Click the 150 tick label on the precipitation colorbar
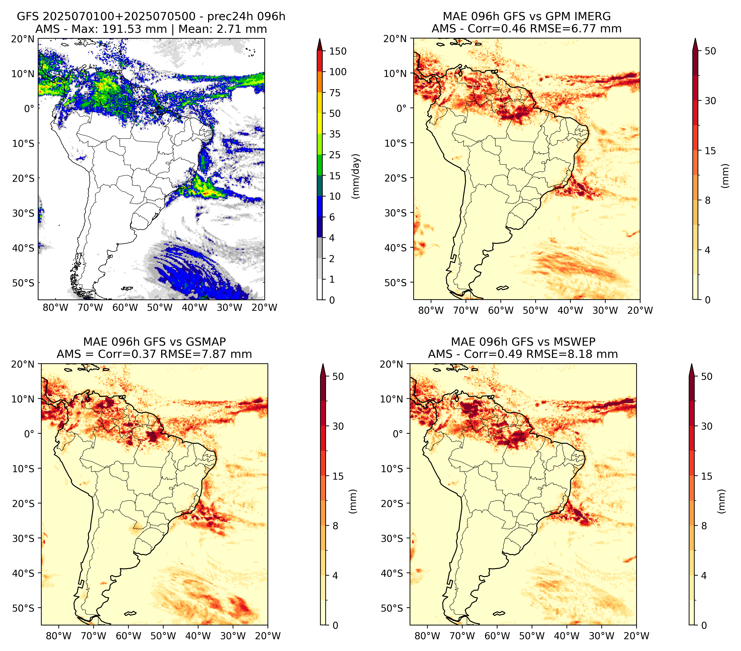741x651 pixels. point(337,51)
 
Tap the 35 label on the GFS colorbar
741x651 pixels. point(335,134)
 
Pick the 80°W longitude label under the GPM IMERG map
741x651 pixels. point(431,310)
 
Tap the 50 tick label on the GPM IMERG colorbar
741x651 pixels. point(710,51)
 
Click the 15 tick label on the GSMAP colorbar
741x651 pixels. point(338,476)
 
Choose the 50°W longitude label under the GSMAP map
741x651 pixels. point(163,636)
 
